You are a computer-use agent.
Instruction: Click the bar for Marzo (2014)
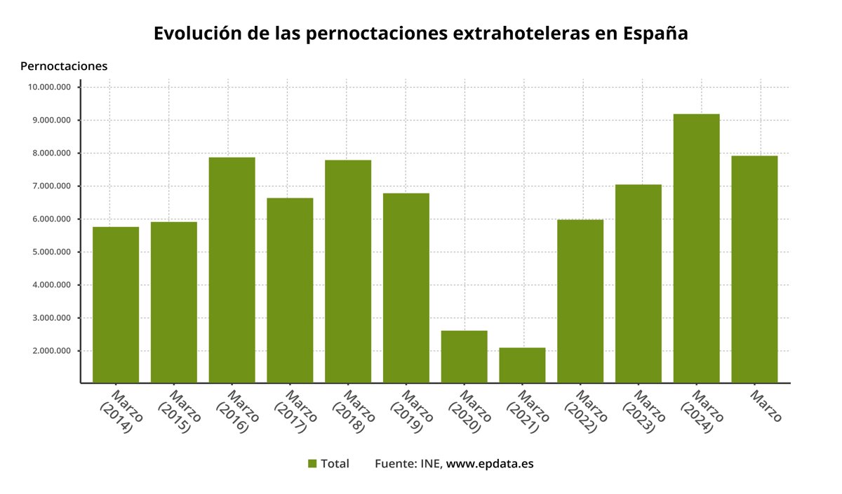click(116, 305)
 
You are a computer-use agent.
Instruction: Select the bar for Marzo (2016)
click(232, 270)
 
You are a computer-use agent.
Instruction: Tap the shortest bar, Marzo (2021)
click(522, 365)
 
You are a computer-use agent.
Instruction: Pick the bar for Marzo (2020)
click(464, 357)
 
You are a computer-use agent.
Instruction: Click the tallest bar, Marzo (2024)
click(696, 248)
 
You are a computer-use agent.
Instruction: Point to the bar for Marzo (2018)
click(348, 271)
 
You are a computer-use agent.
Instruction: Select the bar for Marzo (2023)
click(638, 284)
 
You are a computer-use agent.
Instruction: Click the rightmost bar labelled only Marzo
click(754, 269)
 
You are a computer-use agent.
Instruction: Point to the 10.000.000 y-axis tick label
click(49, 88)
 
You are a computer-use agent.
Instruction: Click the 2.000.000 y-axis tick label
click(51, 351)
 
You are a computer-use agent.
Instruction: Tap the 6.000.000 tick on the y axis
click(51, 219)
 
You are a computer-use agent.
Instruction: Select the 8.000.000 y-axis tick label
click(51, 153)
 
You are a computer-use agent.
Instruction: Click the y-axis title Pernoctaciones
click(64, 67)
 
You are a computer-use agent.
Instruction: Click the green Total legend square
click(312, 464)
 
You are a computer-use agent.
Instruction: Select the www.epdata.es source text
click(490, 464)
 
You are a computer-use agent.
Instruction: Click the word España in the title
click(655, 34)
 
